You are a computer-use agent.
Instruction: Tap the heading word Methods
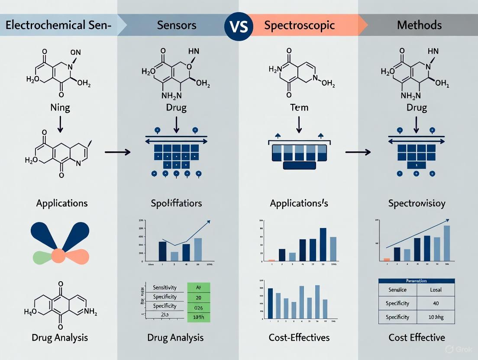[419, 25]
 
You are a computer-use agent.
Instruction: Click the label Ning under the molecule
[61, 107]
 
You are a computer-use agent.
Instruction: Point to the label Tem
[299, 107]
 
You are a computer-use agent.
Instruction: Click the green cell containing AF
[198, 287]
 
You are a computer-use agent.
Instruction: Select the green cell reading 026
[198, 308]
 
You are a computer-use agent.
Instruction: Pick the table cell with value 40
[436, 303]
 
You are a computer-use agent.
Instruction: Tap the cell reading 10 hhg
[436, 317]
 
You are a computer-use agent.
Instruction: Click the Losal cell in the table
[436, 289]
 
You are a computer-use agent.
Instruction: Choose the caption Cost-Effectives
[299, 337]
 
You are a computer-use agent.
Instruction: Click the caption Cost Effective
[417, 337]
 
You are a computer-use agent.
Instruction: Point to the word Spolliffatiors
[176, 203]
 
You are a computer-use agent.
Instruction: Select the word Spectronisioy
[417, 203]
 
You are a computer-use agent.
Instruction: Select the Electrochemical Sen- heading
[58, 25]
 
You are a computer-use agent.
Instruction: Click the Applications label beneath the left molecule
[62, 203]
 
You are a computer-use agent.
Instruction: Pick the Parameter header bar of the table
[417, 281]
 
